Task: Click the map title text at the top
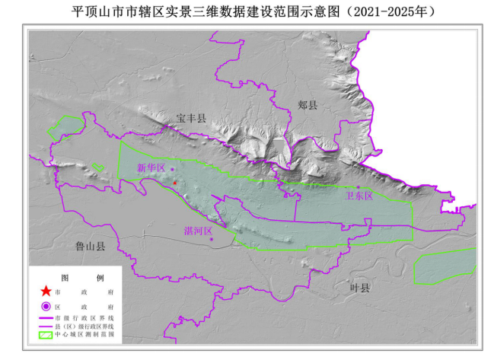pos(247,11)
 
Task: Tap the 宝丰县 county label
pos(191,118)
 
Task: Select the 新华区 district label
pos(151,167)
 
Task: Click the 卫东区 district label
pos(359,196)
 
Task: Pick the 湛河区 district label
pos(198,230)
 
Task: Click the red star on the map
pos(175,183)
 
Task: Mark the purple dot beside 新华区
pos(173,169)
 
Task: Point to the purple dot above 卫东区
pos(359,187)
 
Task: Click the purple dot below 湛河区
pos(212,240)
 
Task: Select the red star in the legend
pos(46,292)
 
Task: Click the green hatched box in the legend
pos(46,335)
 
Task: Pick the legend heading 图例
pos(76,277)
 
